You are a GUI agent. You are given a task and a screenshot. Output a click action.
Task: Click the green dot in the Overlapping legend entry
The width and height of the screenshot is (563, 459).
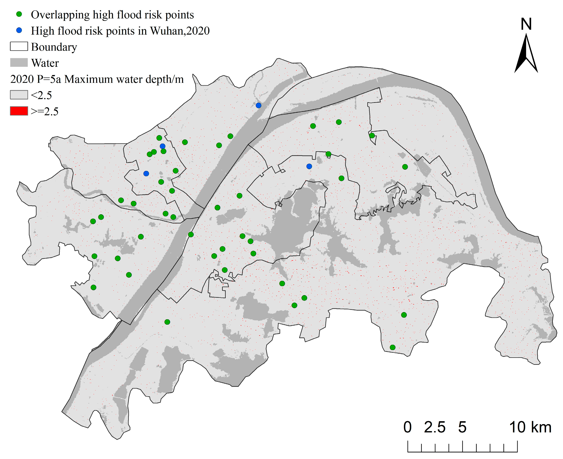pos(19,14)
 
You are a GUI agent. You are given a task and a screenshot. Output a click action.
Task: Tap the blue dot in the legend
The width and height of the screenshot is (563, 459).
pos(19,31)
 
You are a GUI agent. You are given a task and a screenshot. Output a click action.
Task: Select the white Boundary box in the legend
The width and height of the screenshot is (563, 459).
pos(19,46)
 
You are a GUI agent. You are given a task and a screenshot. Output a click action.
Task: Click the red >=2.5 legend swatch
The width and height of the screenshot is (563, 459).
pos(19,111)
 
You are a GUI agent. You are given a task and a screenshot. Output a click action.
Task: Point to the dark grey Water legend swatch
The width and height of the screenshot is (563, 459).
pos(19,63)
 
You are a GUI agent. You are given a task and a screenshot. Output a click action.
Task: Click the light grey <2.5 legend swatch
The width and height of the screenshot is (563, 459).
pos(19,95)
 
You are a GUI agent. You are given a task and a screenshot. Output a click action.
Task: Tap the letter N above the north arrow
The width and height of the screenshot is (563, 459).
pos(526,24)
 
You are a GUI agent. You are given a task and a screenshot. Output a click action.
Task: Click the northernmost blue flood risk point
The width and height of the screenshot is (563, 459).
pos(258,106)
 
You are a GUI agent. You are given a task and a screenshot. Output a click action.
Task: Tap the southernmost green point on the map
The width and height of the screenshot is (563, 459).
pos(393,347)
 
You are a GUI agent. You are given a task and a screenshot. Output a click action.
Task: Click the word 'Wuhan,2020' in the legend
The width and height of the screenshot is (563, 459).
pos(180,31)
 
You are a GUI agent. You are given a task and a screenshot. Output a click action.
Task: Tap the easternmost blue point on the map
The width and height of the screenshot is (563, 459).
pos(309,166)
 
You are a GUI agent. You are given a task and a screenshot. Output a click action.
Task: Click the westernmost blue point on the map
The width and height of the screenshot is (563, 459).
pos(146,173)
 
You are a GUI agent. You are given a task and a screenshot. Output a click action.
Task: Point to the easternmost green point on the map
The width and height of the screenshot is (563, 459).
pos(405,167)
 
